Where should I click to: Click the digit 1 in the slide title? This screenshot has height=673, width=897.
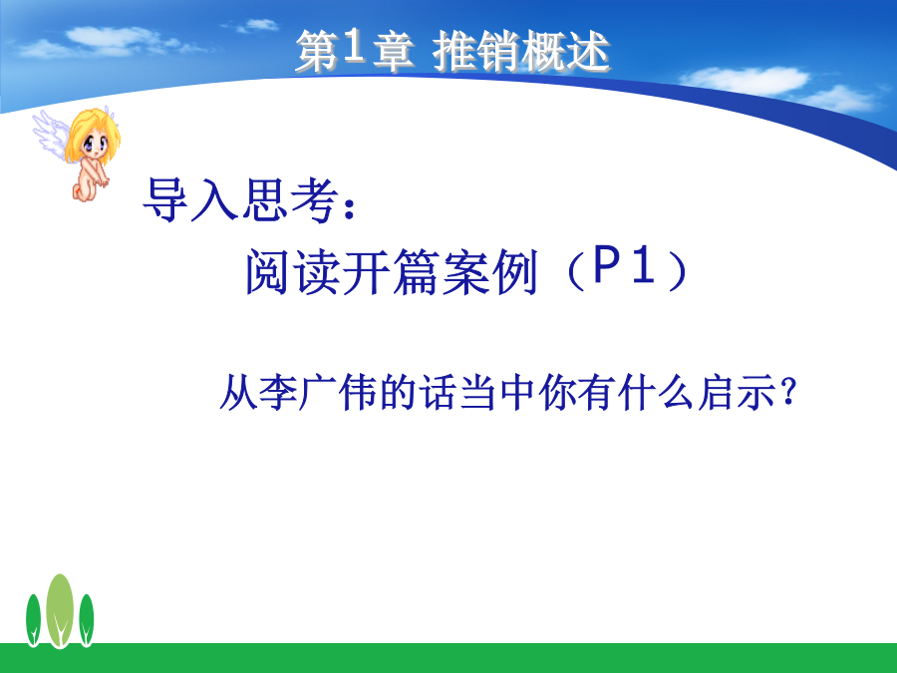coord(354,47)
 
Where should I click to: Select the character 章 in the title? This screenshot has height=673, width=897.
coord(394,52)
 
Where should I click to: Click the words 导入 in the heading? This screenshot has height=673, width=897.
coord(190,199)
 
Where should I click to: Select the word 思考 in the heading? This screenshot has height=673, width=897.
coord(288,199)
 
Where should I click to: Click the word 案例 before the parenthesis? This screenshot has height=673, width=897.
coord(489,271)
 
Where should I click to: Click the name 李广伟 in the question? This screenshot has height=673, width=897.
coord(318,392)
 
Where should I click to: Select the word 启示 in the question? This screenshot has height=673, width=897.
coord(737,392)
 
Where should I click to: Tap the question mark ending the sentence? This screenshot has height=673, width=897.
coord(789,392)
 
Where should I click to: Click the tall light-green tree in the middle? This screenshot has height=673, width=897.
coord(60,611)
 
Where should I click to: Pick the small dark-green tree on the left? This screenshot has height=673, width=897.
coord(33,620)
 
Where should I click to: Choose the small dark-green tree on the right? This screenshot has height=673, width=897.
coord(87,620)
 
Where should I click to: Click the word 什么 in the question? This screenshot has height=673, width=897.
coord(656,392)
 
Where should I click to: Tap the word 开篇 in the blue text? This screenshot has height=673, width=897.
coord(392,271)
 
